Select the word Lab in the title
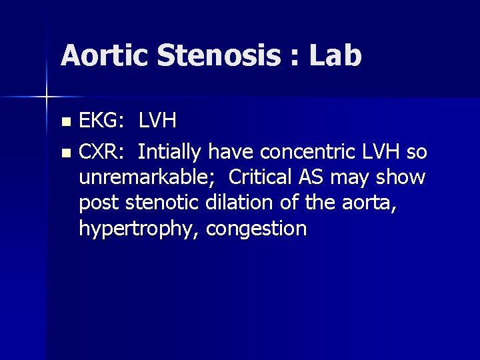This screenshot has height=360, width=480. [x=335, y=56]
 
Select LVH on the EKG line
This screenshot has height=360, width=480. [x=157, y=121]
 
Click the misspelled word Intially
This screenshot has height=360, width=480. [x=170, y=153]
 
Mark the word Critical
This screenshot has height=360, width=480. [x=259, y=178]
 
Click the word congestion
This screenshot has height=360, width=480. [x=257, y=229]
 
